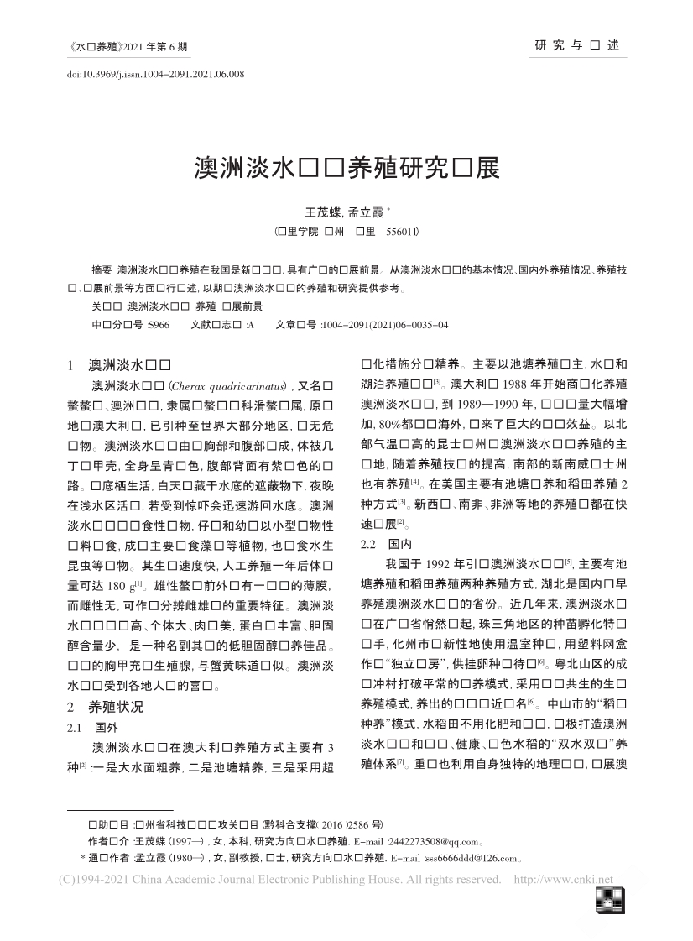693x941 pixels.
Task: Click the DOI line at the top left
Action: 155,75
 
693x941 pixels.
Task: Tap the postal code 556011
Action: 402,230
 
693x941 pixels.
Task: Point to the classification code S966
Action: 158,325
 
